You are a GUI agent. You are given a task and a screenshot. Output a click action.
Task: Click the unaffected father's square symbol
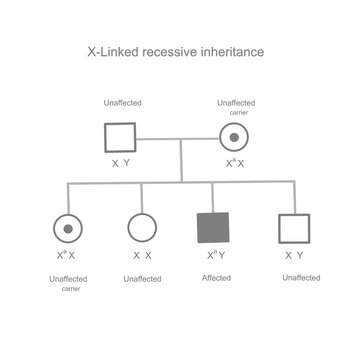point(121,137)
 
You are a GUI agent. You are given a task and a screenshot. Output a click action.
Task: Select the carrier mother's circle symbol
point(237,137)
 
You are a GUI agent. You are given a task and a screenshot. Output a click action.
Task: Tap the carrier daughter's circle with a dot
point(66,228)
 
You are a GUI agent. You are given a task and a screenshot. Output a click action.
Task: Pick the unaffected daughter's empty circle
point(142,228)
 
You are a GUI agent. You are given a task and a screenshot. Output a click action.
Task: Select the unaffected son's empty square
point(288,228)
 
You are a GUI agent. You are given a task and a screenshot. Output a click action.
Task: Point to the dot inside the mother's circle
point(237,137)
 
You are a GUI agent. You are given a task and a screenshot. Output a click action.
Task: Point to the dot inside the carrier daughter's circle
point(66,228)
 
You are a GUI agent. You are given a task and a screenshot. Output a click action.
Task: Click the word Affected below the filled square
point(213,277)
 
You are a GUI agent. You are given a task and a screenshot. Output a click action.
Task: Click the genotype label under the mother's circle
point(237,162)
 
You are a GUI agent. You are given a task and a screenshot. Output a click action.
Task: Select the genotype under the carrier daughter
point(66,255)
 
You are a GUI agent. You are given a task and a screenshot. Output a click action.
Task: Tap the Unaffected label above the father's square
point(121,104)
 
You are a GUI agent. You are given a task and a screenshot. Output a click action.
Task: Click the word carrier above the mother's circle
point(237,113)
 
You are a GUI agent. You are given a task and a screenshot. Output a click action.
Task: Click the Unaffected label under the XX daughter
point(142,277)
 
